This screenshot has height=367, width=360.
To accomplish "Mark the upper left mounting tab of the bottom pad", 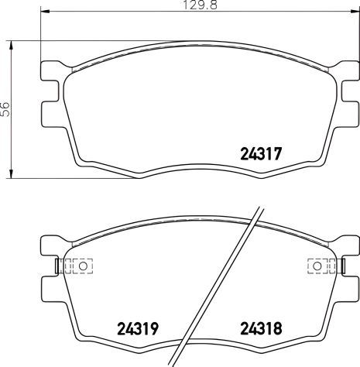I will click(48, 247).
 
